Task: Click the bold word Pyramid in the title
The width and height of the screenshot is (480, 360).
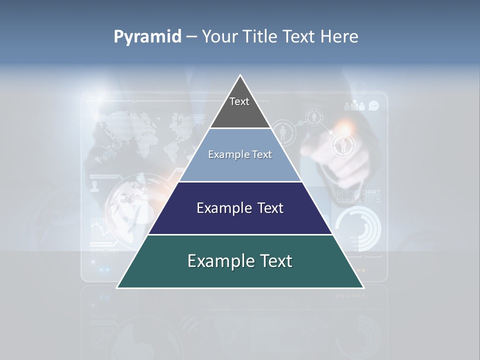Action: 147,37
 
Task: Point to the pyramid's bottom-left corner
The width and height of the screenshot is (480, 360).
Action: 117,287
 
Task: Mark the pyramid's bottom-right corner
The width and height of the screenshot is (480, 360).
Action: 363,287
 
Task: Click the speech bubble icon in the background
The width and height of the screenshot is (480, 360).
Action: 373,105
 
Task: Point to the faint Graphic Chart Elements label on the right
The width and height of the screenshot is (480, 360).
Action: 358,196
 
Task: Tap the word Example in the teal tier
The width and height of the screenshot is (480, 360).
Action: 216,261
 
